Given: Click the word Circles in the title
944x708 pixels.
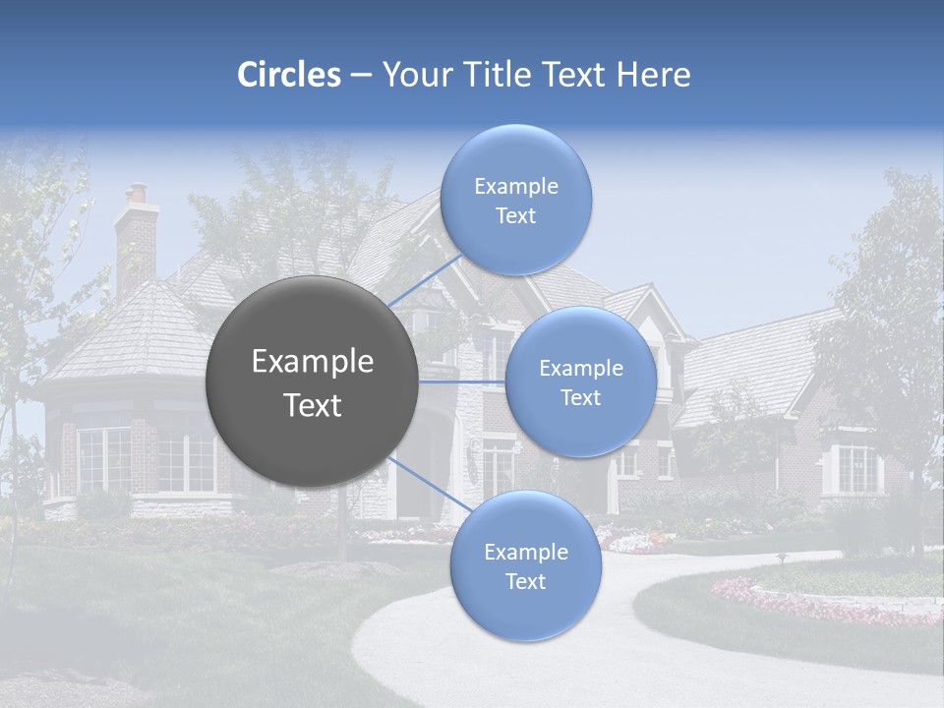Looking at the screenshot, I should pos(288,75).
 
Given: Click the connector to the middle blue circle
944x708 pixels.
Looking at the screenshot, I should pos(462,382).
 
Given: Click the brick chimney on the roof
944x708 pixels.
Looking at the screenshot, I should pos(136,241).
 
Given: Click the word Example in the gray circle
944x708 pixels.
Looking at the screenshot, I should pos(313,362).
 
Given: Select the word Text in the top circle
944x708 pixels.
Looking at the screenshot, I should pos(516,216).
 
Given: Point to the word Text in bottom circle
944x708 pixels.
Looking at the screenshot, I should pos(526,582).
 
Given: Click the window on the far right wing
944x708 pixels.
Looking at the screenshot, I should pos(854,469).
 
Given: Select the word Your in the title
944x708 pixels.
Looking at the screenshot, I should pos(413,75).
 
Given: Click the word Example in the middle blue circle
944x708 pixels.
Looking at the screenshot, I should pos(581,369).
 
